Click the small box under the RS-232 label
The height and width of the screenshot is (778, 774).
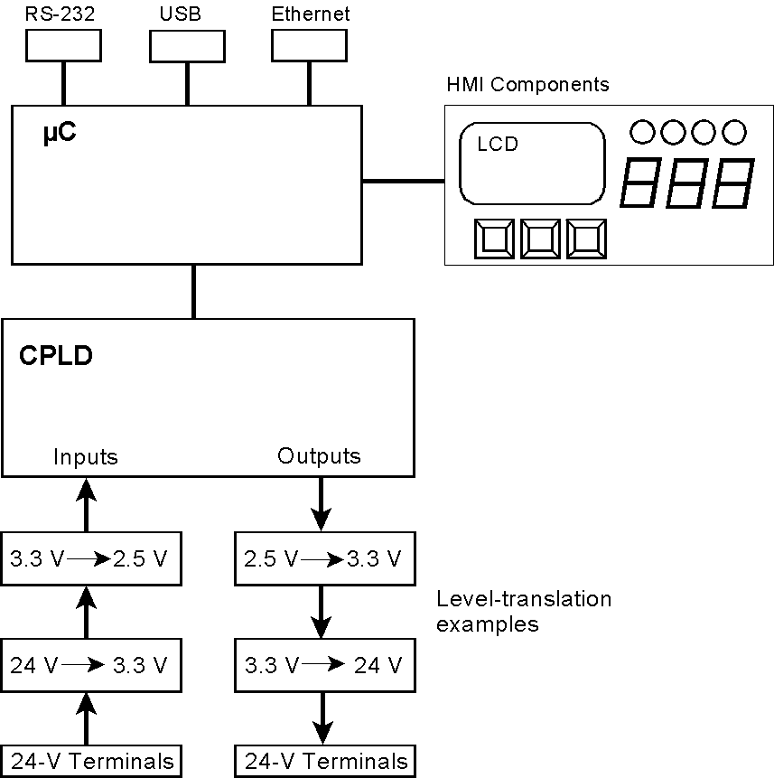coord(63,45)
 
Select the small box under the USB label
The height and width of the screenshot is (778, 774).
coord(187,45)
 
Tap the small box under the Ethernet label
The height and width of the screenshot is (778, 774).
coord(309,45)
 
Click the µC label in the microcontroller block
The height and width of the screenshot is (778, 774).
coord(61,135)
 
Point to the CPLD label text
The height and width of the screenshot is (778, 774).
coord(56,355)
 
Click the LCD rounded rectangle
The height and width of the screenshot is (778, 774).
coord(532,164)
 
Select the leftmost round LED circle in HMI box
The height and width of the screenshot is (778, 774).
coord(641,132)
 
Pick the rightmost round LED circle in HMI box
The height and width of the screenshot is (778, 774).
coord(733,132)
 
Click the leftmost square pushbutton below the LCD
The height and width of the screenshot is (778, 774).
coord(494,239)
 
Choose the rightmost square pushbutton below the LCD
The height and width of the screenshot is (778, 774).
coord(586,239)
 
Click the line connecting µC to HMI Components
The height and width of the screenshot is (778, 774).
coord(403,181)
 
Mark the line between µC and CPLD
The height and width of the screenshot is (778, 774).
coord(193,291)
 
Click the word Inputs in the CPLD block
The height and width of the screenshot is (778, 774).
coord(86,456)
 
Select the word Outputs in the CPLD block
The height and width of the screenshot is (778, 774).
coord(319,455)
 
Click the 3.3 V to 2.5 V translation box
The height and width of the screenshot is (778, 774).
coord(89,559)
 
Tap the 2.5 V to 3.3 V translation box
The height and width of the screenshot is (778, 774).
coord(322,559)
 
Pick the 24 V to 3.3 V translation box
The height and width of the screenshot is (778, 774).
coord(89,666)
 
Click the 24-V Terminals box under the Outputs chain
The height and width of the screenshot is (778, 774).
coord(325,761)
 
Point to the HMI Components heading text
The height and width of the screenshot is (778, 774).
coord(527,85)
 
